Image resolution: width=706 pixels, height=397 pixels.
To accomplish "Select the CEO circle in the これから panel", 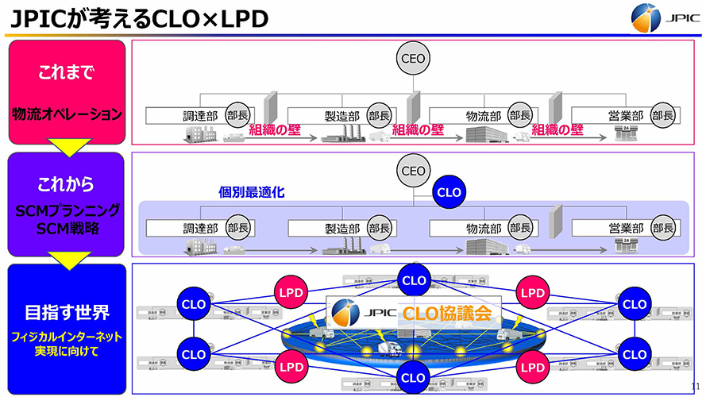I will click(x=413, y=171).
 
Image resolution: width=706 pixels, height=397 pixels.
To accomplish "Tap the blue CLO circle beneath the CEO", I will click(x=449, y=191).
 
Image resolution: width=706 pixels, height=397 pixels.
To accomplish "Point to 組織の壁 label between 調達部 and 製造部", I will click(x=279, y=130).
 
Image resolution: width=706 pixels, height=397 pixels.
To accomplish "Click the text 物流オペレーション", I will click(x=68, y=114).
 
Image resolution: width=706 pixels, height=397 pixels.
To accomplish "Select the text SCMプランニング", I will click(x=68, y=210).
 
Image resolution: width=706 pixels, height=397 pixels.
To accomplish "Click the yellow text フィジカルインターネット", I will click(x=68, y=336).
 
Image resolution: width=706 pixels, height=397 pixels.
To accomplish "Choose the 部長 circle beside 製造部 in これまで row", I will click(x=379, y=115).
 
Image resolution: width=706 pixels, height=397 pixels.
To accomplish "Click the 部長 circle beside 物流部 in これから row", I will click(x=521, y=228).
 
